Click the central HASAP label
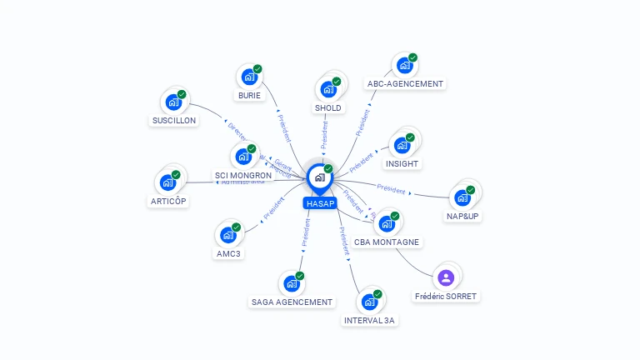pos(320,203)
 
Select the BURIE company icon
pos(248,77)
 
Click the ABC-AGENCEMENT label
pos(406,83)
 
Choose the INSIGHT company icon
pos(402,145)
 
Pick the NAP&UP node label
pos(463,217)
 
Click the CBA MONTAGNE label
pos(387,242)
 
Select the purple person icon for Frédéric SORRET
pos(446,277)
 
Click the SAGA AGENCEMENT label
pos(292,302)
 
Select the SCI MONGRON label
pos(243,176)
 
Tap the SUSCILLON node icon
pos(173,102)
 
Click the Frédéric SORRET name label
pos(446,297)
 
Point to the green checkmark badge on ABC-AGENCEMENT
pos(412,57)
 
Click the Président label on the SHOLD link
pos(325,134)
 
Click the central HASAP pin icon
pos(319,177)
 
